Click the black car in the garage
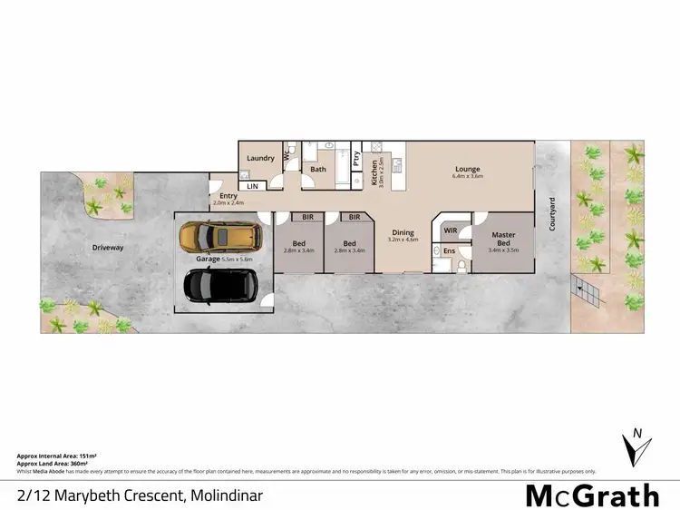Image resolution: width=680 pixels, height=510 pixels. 221,285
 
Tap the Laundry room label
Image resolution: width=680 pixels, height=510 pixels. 260,158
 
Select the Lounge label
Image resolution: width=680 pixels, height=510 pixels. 467,169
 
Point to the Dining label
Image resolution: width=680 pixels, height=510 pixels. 403,233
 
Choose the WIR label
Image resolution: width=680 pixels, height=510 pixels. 451,230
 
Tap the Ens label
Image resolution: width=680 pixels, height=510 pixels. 448,251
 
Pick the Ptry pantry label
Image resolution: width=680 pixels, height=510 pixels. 357,164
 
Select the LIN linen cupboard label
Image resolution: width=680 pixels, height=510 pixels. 253,186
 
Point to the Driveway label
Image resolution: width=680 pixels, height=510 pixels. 108,247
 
